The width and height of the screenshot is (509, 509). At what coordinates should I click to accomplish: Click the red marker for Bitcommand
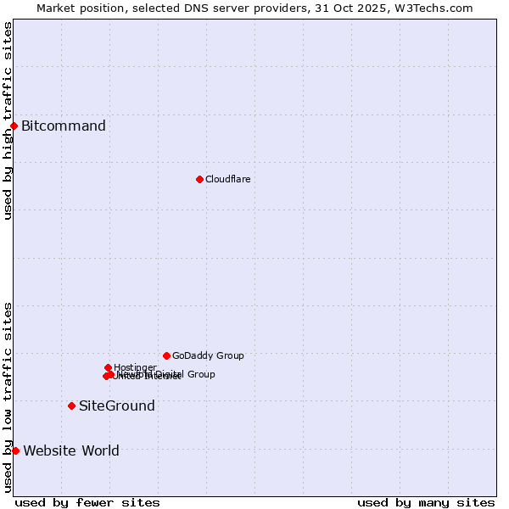(14, 126)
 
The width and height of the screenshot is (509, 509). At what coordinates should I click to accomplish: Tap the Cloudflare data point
(199, 179)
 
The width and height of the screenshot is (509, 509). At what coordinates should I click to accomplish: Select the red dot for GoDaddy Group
(166, 355)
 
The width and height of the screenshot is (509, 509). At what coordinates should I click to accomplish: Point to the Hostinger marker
(108, 367)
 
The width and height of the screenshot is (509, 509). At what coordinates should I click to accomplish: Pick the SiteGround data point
(71, 406)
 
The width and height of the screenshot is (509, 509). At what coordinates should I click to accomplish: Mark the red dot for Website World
(15, 450)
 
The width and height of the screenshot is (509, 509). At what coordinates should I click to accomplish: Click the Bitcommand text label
(64, 126)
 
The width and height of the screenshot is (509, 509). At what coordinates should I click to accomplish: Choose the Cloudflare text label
(228, 179)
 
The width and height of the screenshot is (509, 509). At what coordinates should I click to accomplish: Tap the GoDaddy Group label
(208, 356)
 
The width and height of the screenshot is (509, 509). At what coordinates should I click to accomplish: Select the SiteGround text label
(117, 406)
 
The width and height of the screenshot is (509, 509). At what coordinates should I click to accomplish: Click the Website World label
(71, 450)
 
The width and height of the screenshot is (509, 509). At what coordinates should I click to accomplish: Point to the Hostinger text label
(135, 367)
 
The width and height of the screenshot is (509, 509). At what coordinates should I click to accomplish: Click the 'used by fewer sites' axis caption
(87, 502)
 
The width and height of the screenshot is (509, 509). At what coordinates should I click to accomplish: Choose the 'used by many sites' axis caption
(426, 502)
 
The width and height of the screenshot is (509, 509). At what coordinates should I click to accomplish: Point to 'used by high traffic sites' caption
(8, 120)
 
